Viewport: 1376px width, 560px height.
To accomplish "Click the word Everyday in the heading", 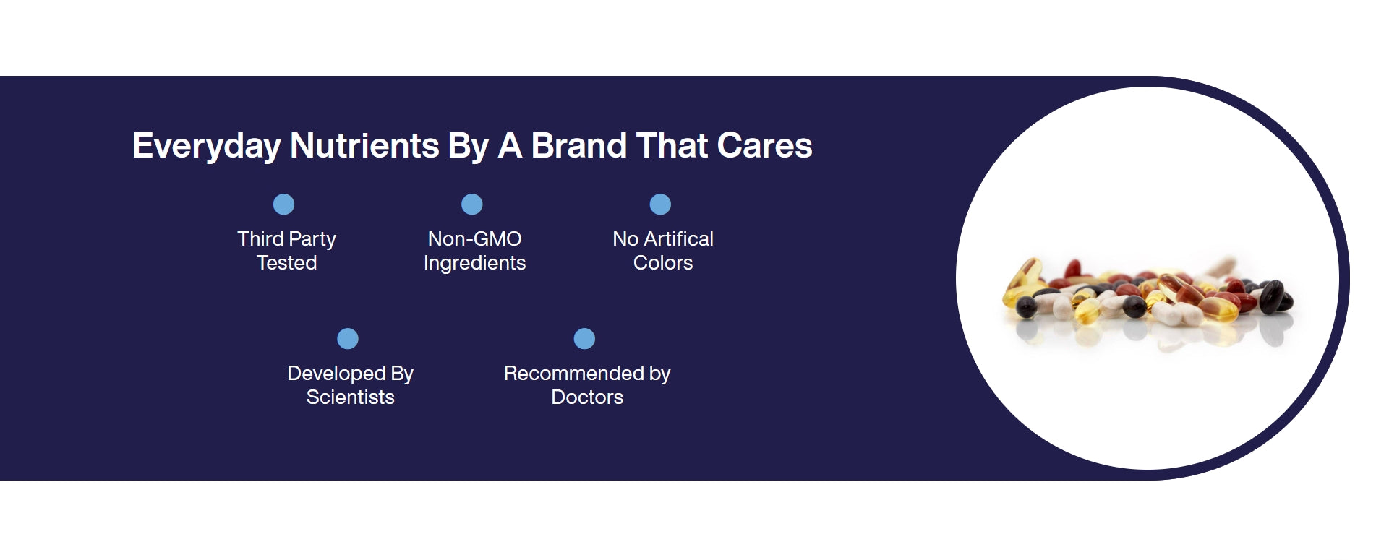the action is tap(206, 146).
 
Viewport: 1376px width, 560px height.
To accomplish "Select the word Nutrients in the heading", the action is tap(364, 145).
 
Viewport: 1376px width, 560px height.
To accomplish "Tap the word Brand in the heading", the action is tap(579, 145).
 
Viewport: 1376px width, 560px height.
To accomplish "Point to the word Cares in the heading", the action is tap(765, 145).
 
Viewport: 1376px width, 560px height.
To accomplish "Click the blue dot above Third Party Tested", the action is tap(283, 204).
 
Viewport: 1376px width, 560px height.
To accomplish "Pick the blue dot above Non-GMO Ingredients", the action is tap(472, 204).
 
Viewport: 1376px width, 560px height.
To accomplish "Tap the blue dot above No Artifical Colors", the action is tap(660, 204).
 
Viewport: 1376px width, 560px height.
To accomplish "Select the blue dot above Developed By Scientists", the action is tap(348, 339).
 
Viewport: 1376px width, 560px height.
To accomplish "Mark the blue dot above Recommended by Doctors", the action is tap(584, 339).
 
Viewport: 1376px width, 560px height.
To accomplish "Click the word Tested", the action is tap(287, 263).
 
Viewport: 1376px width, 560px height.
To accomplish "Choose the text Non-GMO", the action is tap(475, 239).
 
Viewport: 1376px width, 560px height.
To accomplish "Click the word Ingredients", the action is tap(475, 263).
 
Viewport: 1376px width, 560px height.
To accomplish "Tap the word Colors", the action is tap(663, 263).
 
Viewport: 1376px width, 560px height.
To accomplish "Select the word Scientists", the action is tap(351, 397).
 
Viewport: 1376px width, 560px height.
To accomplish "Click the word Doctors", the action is tap(587, 397).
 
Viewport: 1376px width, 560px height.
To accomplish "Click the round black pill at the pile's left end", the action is tap(1025, 309).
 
